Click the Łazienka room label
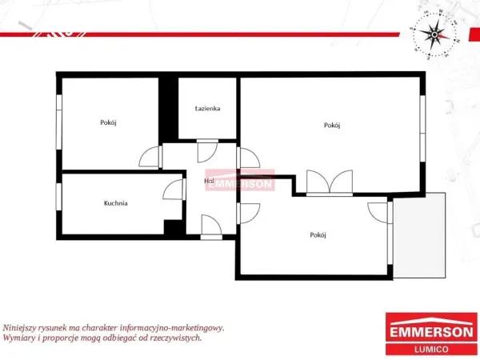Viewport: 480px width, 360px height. point(207,108)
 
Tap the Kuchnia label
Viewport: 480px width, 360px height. point(116,203)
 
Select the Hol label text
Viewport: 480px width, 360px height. point(209,181)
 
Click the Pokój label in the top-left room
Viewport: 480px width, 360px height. point(108,122)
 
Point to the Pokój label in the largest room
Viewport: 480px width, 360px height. point(332,126)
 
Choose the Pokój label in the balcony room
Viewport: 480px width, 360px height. point(318,234)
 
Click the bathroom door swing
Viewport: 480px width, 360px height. point(207,151)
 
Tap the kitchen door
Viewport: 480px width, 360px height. point(174,190)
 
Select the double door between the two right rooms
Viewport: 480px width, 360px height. point(330,182)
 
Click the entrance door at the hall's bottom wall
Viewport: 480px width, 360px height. point(211,227)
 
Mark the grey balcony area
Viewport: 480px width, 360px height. point(419,235)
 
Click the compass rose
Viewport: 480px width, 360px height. point(434,34)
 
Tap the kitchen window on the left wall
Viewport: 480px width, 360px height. point(58,197)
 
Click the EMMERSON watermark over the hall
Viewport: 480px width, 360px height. point(240,180)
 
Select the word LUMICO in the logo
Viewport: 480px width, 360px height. point(431,350)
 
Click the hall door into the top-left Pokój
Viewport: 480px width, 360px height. point(150,157)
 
